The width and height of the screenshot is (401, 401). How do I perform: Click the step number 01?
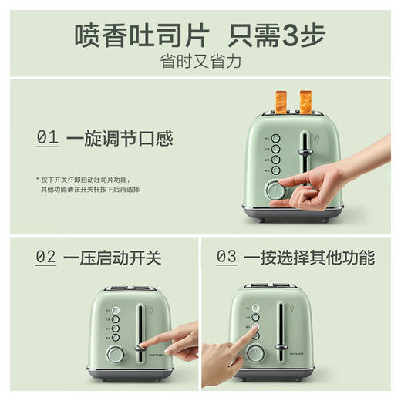(47, 139)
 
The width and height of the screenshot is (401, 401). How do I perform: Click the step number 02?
(45, 258)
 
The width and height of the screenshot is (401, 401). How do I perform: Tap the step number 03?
(226, 258)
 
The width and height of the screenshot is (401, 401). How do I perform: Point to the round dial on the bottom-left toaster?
(116, 354)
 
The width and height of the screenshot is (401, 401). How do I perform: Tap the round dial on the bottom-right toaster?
(255, 353)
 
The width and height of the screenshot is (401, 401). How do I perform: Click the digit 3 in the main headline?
(295, 35)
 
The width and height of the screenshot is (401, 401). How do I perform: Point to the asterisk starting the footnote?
(36, 178)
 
